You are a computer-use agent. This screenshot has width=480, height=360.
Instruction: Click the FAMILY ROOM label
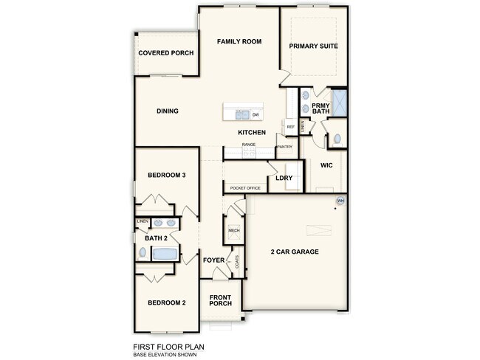(x=239, y=42)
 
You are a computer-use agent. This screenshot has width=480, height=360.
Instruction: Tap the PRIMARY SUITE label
(x=314, y=46)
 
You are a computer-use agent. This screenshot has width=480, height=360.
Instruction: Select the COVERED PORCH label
(x=166, y=53)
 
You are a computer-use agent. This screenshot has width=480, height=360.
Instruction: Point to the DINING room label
(x=168, y=111)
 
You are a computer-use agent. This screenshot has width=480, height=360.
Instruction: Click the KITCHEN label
(x=252, y=132)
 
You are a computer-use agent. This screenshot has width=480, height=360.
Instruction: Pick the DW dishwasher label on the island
(x=255, y=115)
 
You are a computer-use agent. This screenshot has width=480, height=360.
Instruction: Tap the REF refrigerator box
(x=291, y=128)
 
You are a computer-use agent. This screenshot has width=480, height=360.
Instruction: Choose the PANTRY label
(x=284, y=146)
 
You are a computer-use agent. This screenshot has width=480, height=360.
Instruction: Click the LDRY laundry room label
(x=284, y=178)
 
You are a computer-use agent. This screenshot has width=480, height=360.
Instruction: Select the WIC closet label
(x=326, y=165)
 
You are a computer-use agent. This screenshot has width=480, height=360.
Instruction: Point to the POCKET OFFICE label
(x=245, y=188)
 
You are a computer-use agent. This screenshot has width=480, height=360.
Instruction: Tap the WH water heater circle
(x=340, y=201)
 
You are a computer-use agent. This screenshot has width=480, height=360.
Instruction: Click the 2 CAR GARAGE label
(x=295, y=252)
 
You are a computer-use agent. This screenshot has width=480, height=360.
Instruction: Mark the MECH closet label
(x=234, y=231)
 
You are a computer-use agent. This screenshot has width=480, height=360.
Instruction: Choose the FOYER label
(x=213, y=260)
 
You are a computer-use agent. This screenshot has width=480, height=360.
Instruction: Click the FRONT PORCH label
(x=221, y=300)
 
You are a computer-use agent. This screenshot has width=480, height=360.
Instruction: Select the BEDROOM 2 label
(x=166, y=302)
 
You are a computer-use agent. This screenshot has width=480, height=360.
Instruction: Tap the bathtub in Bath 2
(x=165, y=254)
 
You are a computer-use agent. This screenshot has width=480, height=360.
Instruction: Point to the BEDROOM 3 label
(x=166, y=175)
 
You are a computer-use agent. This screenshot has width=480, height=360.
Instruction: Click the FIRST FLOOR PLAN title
(x=168, y=345)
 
